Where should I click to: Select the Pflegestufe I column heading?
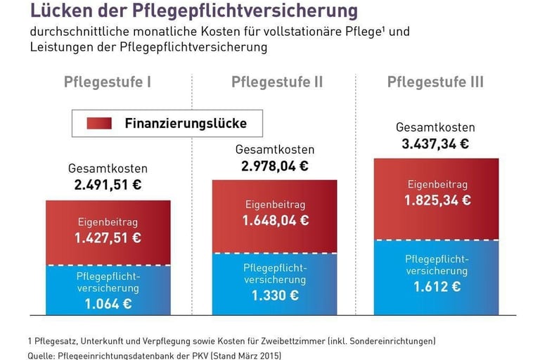click(108, 82)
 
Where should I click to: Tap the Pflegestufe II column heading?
click(277, 82)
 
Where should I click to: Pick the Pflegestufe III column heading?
click(435, 82)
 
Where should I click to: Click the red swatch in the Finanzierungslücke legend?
click(100, 124)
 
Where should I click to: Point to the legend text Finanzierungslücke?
click(186, 124)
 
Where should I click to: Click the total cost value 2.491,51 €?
click(108, 186)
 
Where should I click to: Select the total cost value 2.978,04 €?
click(275, 166)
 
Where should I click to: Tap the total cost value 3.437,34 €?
click(435, 144)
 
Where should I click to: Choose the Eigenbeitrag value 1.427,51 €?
click(108, 238)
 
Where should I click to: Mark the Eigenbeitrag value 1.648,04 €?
click(275, 220)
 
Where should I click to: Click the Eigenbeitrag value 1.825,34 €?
click(437, 200)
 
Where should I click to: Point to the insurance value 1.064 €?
click(108, 304)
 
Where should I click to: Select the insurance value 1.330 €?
click(275, 295)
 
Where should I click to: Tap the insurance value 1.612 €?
click(437, 286)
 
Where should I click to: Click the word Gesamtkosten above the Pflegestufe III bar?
click(435, 128)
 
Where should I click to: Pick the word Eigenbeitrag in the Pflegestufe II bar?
click(275, 205)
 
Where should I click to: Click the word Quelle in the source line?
click(43, 356)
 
